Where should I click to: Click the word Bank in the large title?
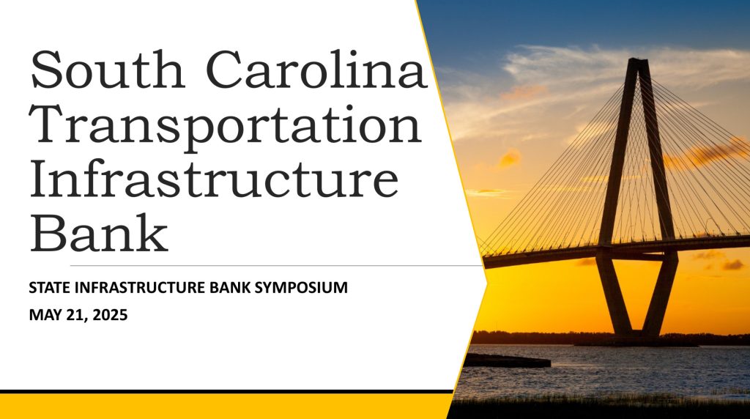pyautogui.click(x=100, y=233)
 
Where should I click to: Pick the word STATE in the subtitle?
pyautogui.click(x=51, y=287)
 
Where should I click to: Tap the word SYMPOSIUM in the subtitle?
pyautogui.click(x=301, y=287)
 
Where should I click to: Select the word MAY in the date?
pyautogui.click(x=44, y=315)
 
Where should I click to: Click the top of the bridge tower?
pyautogui.click(x=638, y=60)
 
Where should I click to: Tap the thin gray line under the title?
pyautogui.click(x=276, y=265)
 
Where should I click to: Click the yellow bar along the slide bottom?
pyautogui.click(x=225, y=406)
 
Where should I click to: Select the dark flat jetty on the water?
pyautogui.click(x=507, y=360)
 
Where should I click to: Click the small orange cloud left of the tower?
pyautogui.click(x=510, y=157)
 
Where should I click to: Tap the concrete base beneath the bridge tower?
pyautogui.click(x=636, y=341)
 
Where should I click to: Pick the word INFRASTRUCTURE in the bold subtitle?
pyautogui.click(x=140, y=287)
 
